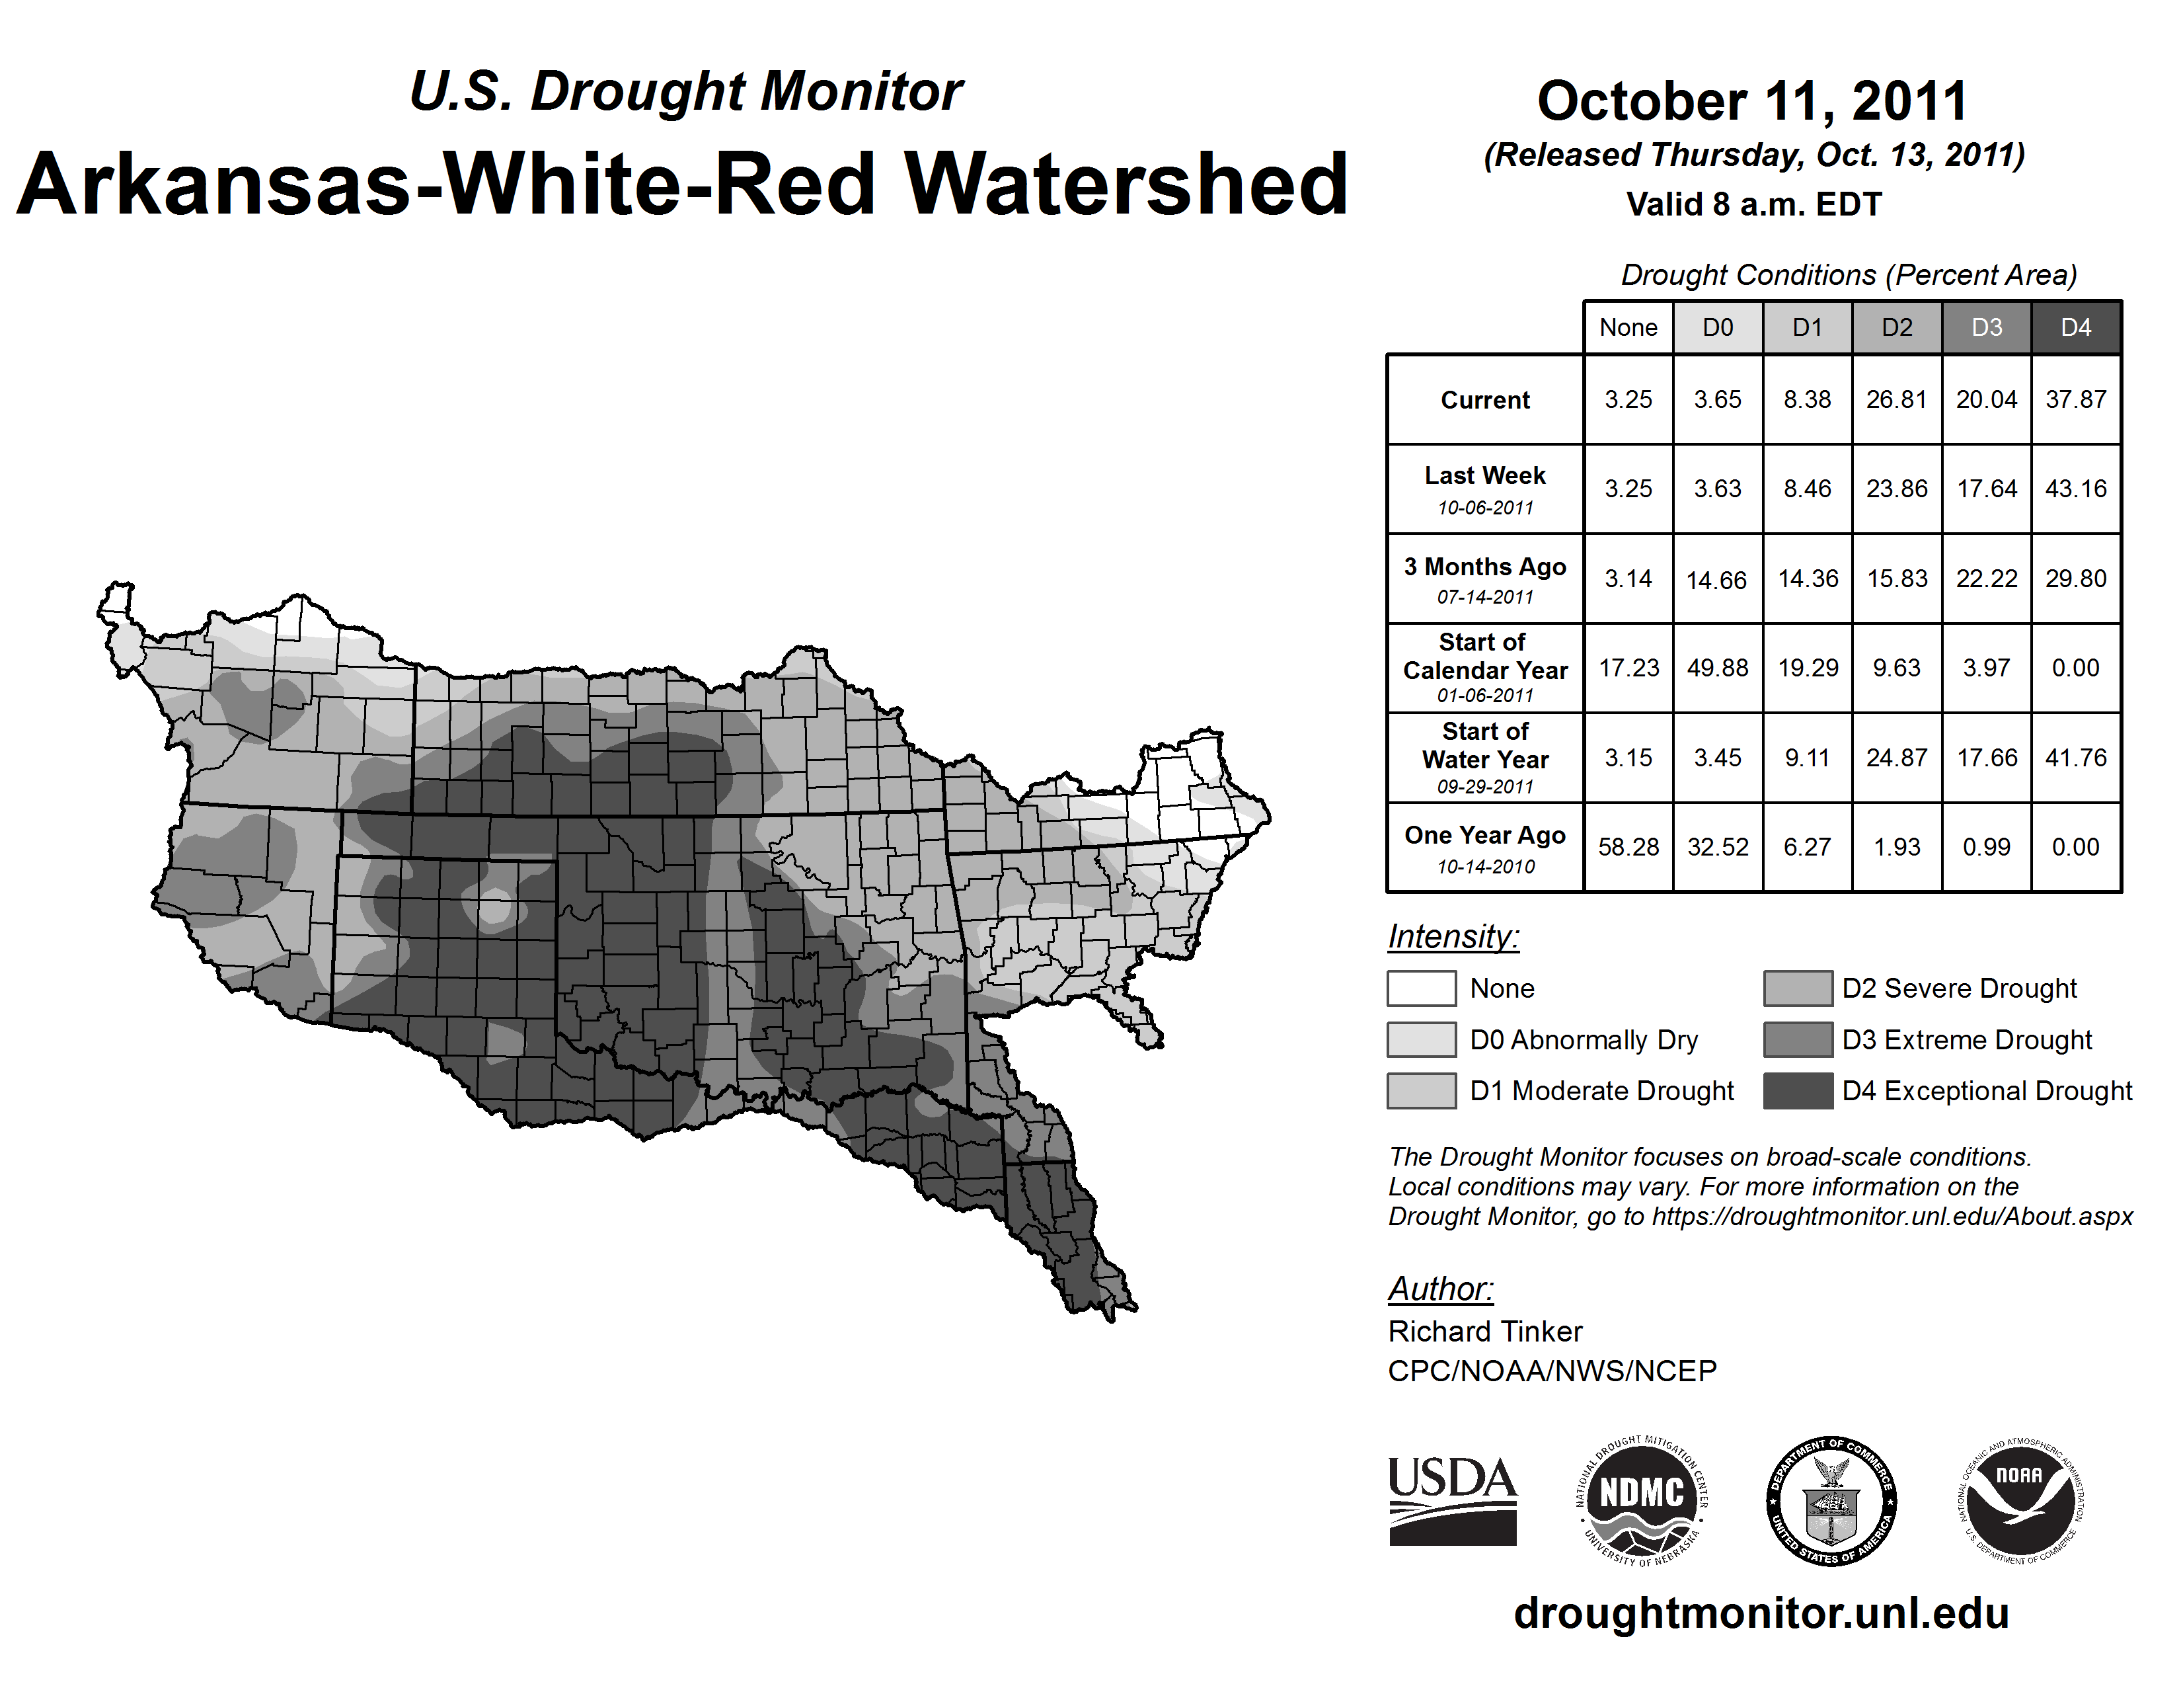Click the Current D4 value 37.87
click(x=2075, y=399)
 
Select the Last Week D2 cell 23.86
click(x=1896, y=489)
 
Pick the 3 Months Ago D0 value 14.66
click(x=1716, y=579)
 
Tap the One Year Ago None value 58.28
click(x=1628, y=847)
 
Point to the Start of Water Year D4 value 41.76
click(x=2075, y=757)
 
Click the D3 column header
click(x=1986, y=327)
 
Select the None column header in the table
click(x=1628, y=327)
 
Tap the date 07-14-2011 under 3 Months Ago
click(x=1485, y=597)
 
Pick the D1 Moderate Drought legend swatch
click(x=1421, y=1091)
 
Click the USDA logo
click(x=1452, y=1500)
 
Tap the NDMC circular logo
click(x=1642, y=1500)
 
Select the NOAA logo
click(x=2019, y=1500)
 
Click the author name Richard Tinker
click(x=1485, y=1332)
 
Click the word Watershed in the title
click(x=1126, y=184)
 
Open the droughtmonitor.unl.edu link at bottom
click(x=1761, y=1613)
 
